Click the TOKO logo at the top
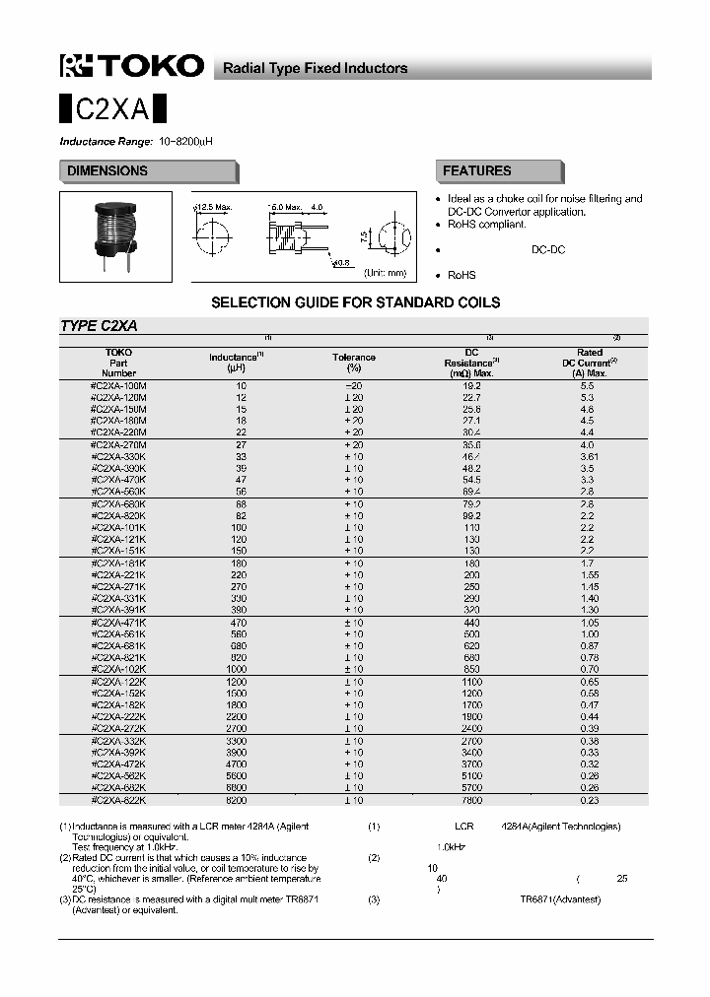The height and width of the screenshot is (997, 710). click(132, 66)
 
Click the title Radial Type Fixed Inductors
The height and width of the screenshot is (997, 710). click(315, 68)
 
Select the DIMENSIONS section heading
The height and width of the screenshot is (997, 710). click(107, 171)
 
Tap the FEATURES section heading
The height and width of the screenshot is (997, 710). click(476, 171)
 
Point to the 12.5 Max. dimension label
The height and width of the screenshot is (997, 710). click(213, 207)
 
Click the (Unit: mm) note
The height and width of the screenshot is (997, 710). click(385, 272)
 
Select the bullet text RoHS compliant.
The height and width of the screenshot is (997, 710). click(487, 225)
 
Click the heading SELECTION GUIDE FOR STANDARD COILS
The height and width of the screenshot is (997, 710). click(355, 302)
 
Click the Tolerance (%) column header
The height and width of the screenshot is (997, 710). click(353, 362)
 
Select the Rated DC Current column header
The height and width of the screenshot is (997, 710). click(589, 362)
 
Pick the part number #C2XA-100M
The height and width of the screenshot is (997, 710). click(118, 385)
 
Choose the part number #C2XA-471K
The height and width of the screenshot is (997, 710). click(118, 623)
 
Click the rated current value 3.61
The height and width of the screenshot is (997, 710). click(590, 457)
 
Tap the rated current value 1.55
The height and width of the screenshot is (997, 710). click(590, 574)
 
